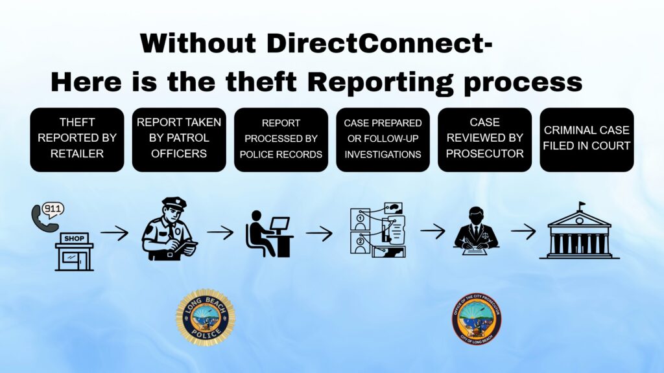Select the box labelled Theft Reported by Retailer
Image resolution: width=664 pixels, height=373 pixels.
click(77, 140)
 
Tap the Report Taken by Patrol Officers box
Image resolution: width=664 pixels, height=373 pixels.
click(179, 140)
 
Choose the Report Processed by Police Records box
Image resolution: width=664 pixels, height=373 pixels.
click(281, 140)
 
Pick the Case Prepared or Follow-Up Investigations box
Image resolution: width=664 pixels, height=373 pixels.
click(383, 140)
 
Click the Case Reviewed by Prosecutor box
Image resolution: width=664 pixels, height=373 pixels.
click(485, 140)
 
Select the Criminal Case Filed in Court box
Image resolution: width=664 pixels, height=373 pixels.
click(587, 140)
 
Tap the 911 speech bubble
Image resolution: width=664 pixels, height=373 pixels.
click(53, 210)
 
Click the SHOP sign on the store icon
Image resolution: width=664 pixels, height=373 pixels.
click(75, 238)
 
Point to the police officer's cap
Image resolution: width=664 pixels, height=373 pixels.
click(174, 203)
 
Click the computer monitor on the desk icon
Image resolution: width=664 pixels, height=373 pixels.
click(279, 224)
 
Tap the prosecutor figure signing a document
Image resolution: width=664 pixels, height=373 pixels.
click(476, 230)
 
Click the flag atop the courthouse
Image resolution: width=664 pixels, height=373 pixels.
click(582, 205)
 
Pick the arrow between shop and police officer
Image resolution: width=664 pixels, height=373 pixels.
click(114, 232)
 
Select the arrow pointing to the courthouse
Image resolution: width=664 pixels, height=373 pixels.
click(523, 231)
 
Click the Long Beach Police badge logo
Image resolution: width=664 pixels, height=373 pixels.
click(206, 317)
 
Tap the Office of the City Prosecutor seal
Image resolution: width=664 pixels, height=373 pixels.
click(477, 319)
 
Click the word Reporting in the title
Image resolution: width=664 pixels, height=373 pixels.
click(380, 82)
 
